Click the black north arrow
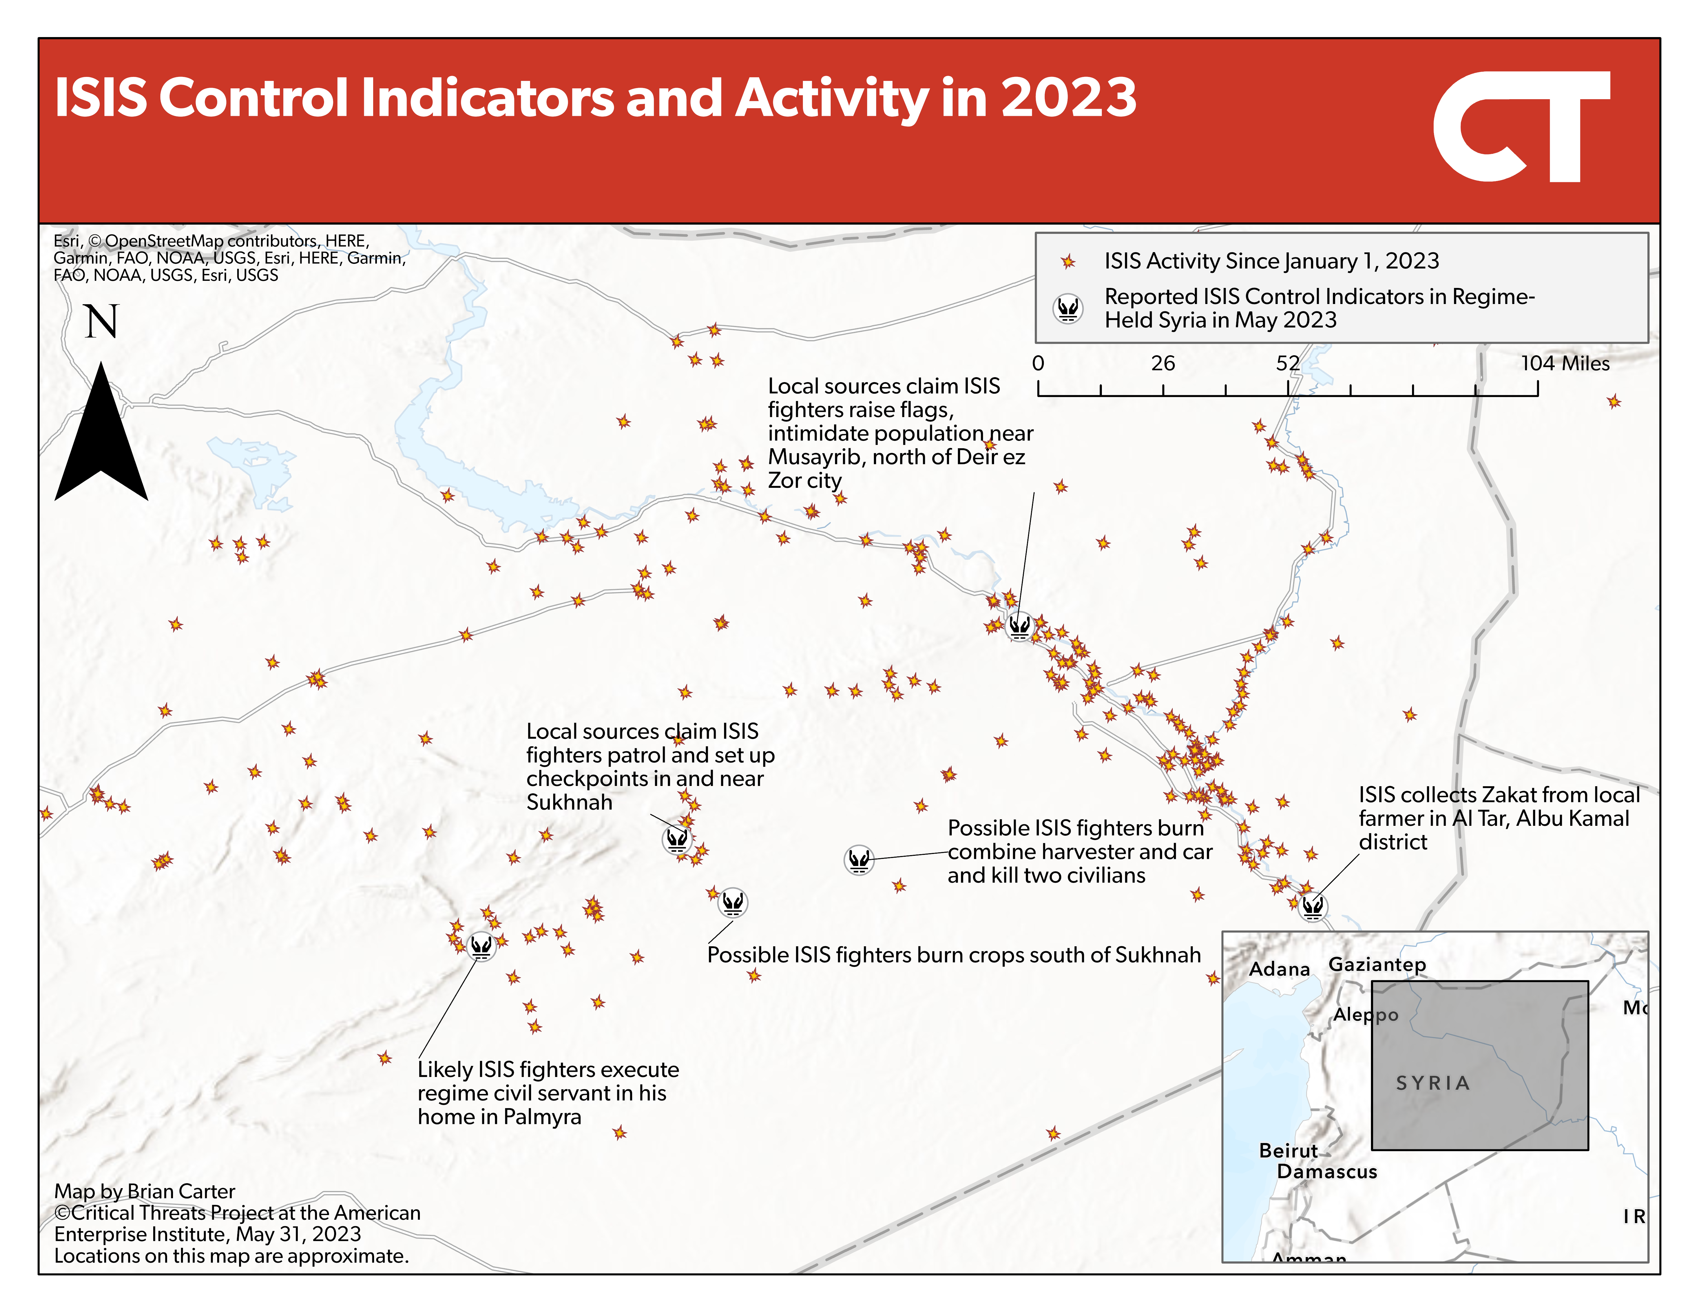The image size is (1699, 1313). pos(101,432)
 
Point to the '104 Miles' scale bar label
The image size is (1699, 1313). pos(1565,363)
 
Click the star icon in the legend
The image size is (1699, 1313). pos(1068,261)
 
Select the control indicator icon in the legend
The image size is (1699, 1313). pos(1068,309)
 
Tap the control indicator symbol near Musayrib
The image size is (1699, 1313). pos(1019,625)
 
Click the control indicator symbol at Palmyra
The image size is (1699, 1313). pos(481,946)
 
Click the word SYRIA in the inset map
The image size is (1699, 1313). pos(1433,1083)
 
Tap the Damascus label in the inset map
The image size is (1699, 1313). pos(1327,1172)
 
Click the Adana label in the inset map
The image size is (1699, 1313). pos(1280,969)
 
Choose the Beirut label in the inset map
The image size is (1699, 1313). pos(1288,1150)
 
